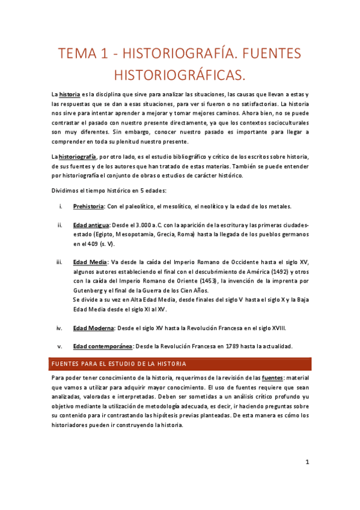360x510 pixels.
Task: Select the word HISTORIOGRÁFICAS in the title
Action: click(179, 75)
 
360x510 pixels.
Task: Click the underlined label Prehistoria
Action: click(88, 206)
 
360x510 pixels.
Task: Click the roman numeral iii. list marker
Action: click(59, 262)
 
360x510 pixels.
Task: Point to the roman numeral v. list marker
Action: click(59, 346)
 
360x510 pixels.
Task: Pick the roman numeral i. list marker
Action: click(60, 206)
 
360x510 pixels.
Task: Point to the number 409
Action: click(92, 244)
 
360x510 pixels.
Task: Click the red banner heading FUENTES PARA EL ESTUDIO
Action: click(119, 364)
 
